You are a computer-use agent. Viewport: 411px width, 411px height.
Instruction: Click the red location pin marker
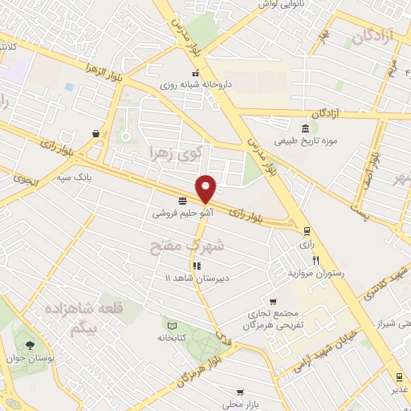[206, 188]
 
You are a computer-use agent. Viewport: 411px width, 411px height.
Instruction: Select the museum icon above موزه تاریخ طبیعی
[305, 129]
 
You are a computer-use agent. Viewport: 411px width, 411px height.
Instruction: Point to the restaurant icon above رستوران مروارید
[316, 260]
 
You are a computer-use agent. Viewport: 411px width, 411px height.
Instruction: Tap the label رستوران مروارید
[316, 273]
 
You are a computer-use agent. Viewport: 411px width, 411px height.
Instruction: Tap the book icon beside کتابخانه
[171, 325]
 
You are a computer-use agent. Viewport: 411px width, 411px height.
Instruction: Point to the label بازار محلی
[240, 405]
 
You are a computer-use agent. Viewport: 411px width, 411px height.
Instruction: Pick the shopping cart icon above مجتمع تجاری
[273, 300]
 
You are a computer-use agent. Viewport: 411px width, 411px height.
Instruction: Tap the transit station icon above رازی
[305, 230]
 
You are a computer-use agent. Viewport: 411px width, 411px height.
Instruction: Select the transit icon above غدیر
[399, 377]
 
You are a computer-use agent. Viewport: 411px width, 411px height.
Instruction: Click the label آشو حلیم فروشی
[182, 214]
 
